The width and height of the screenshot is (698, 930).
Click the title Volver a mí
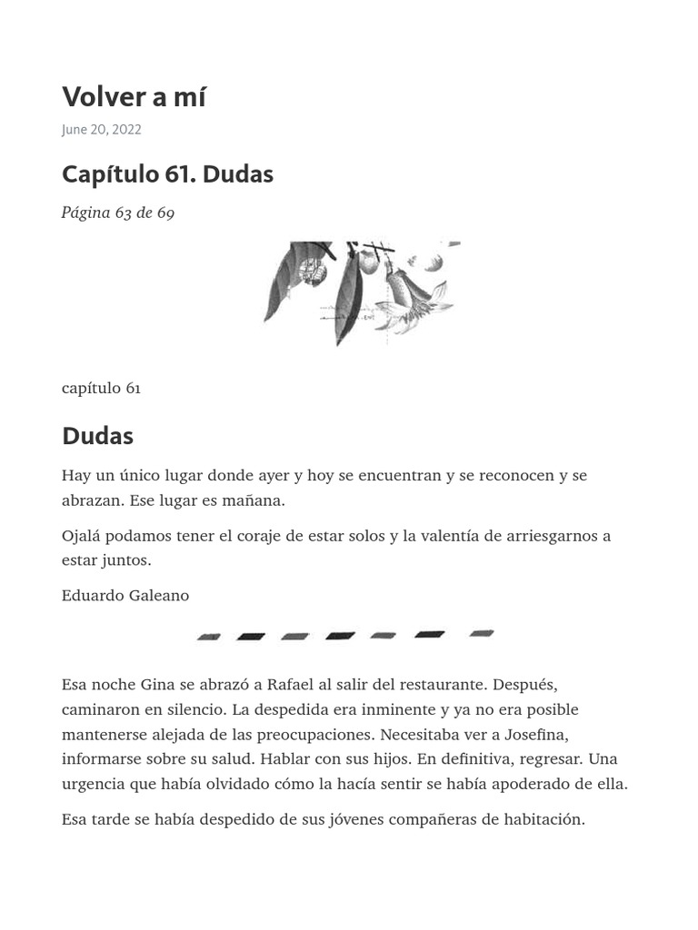(134, 96)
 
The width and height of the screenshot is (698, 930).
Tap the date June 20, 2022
(101, 130)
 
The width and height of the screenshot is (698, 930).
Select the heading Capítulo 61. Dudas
(167, 173)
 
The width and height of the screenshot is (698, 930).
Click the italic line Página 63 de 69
(118, 213)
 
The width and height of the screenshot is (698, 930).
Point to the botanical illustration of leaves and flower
(362, 292)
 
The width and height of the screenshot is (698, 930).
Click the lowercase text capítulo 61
(101, 388)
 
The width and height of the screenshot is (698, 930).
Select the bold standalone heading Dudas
(97, 436)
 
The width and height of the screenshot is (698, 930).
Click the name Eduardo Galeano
(125, 596)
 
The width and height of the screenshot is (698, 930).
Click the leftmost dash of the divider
(209, 638)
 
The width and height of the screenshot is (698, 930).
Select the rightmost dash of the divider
(482, 633)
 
